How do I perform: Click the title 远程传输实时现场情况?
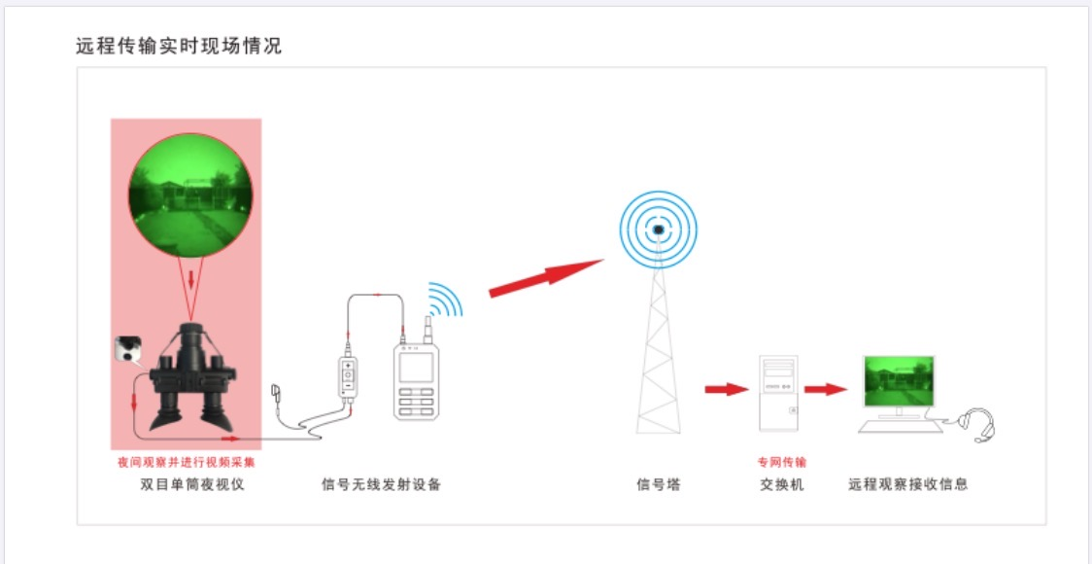click(x=179, y=47)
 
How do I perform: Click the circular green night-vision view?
click(x=190, y=194)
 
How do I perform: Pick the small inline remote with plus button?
click(x=348, y=378)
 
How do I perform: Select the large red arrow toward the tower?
click(x=546, y=277)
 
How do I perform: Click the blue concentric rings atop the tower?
click(x=658, y=230)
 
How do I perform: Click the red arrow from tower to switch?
click(x=727, y=389)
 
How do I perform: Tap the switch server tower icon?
click(x=779, y=393)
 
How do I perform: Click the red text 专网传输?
click(x=782, y=462)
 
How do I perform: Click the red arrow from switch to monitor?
click(x=826, y=389)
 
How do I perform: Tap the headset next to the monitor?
click(x=977, y=425)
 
